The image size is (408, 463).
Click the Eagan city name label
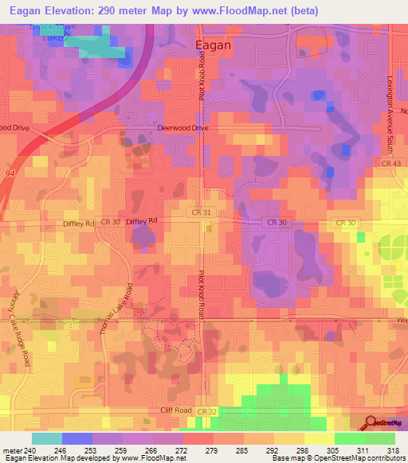214,45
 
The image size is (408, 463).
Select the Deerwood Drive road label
183,127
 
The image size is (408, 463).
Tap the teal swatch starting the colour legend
46,438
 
